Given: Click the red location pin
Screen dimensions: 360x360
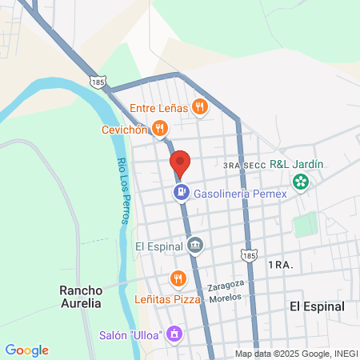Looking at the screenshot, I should (180, 163).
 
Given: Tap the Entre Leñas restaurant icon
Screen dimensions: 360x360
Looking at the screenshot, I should (199, 107).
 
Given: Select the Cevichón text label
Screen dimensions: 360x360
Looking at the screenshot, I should (125, 130).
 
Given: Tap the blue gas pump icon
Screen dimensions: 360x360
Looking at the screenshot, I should (182, 192).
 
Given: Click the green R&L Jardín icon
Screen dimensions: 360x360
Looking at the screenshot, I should (301, 182).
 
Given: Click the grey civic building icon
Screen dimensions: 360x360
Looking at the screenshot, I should (193, 245).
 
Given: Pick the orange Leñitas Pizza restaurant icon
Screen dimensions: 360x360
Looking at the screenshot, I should (178, 279).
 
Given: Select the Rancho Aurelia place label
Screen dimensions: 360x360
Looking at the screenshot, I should (81, 297).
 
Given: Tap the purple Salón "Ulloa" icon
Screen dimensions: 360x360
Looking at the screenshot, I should (175, 333).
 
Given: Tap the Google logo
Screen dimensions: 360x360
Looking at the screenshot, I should (26, 350).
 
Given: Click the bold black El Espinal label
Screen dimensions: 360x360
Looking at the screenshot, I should (317, 306).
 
